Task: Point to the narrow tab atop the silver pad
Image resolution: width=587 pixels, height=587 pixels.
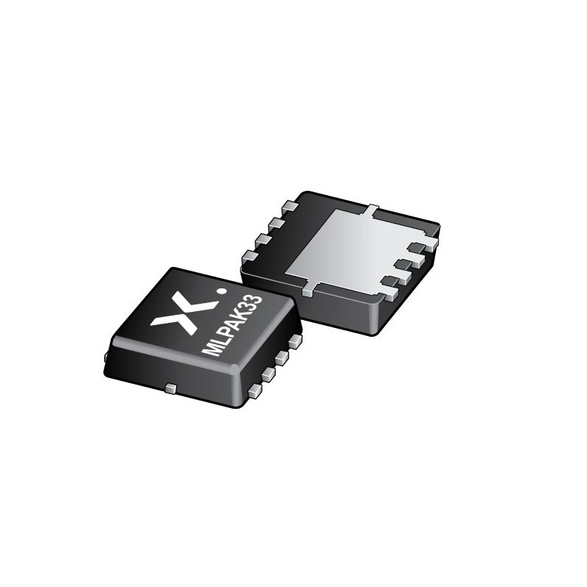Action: pyautogui.click(x=372, y=210)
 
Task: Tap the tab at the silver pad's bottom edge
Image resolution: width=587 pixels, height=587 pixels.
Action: pyautogui.click(x=308, y=288)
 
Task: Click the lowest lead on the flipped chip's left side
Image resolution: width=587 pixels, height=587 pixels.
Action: pyautogui.click(x=250, y=255)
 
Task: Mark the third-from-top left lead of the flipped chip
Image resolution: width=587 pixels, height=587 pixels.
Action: pyautogui.click(x=262, y=238)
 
